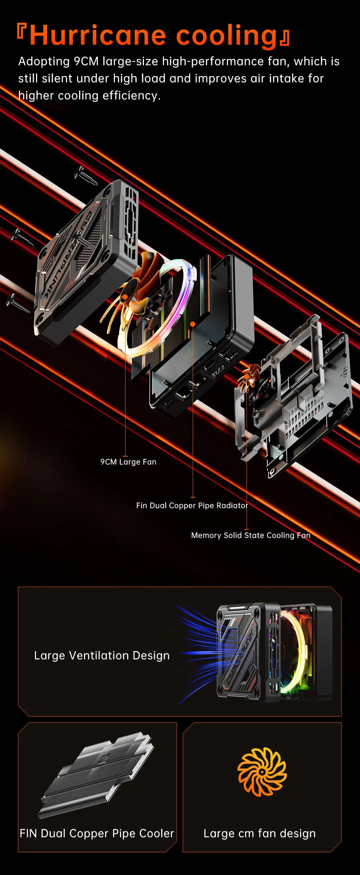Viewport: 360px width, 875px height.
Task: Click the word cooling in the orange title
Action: [x=227, y=36]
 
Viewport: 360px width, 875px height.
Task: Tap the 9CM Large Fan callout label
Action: [x=128, y=462]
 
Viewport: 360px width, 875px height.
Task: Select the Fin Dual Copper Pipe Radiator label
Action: [x=192, y=505]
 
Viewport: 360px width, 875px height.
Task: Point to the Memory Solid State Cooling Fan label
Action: [x=251, y=535]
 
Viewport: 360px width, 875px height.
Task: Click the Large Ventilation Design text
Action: [x=102, y=656]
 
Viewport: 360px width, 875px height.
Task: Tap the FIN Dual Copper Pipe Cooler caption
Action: [x=97, y=833]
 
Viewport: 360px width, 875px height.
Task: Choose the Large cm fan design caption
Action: [x=260, y=833]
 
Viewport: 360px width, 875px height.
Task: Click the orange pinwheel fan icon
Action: [x=262, y=771]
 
